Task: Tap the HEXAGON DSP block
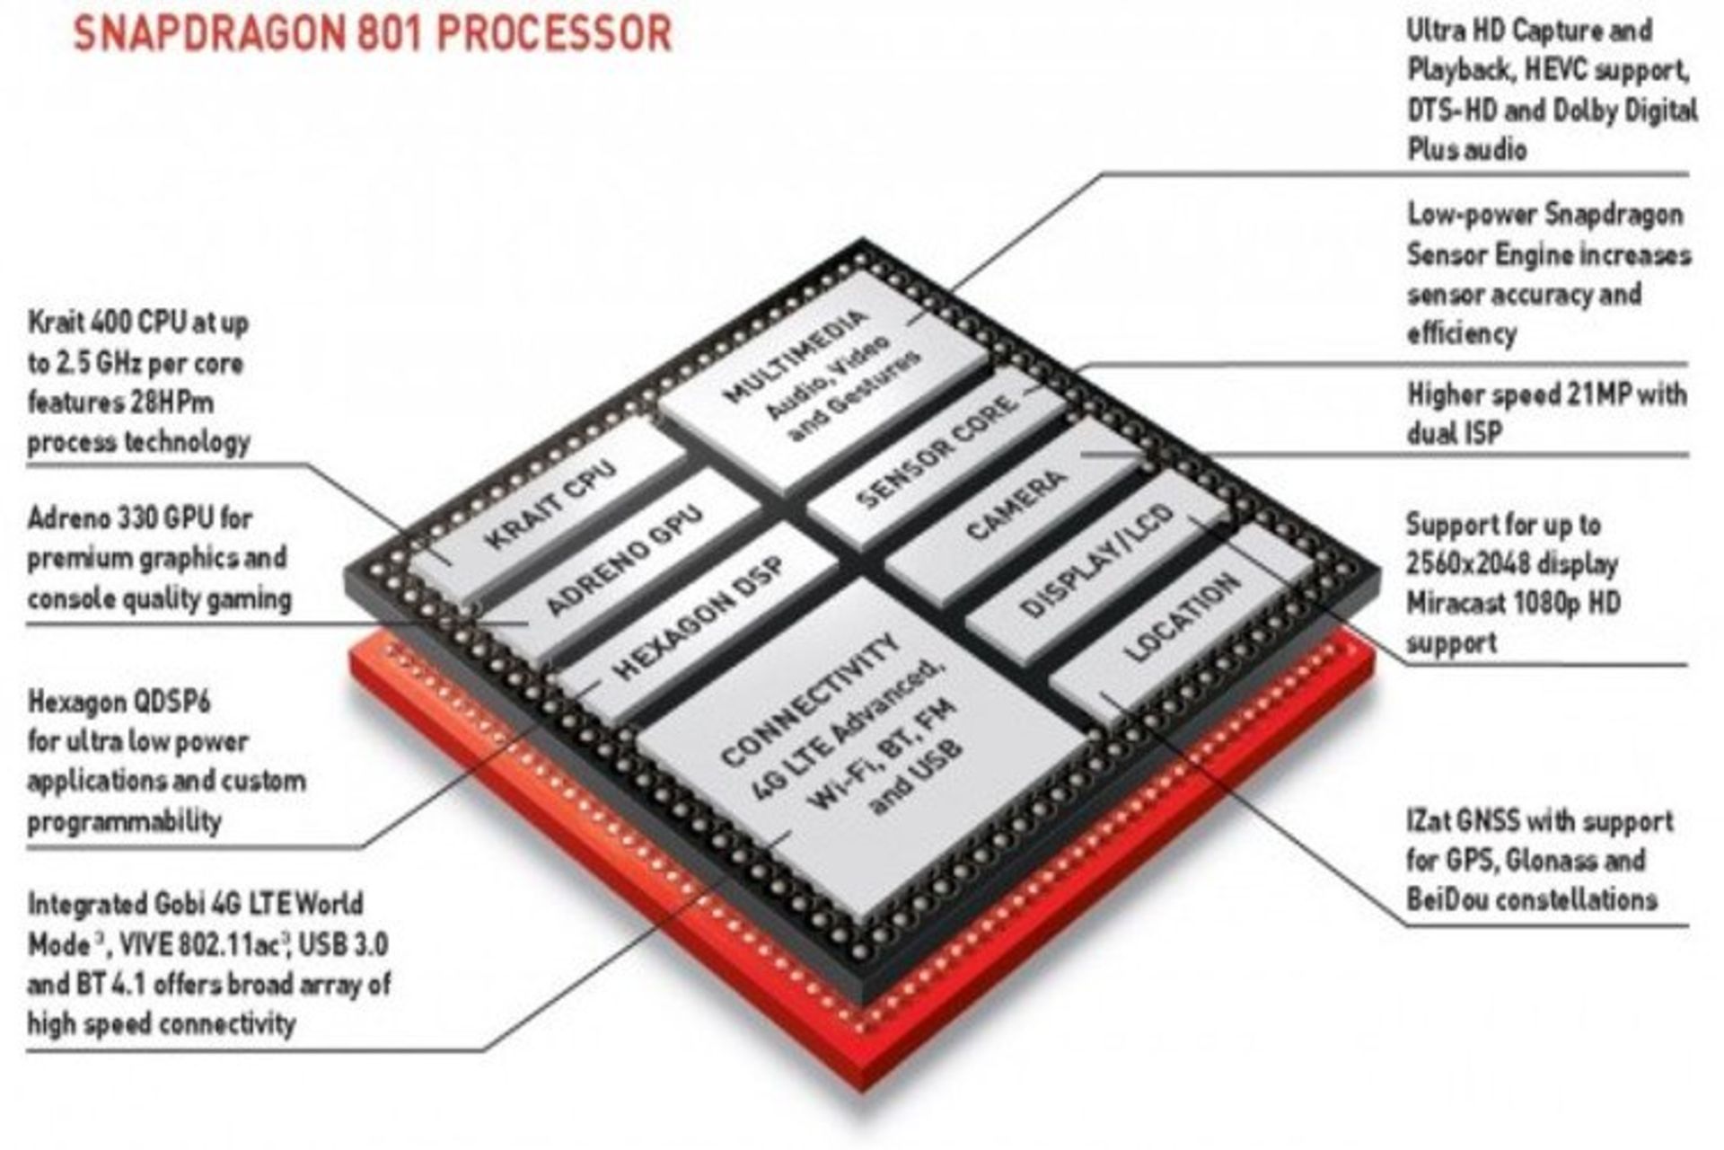698,618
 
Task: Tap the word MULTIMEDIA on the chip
796,356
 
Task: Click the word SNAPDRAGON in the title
207,34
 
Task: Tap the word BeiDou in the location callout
1455,899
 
